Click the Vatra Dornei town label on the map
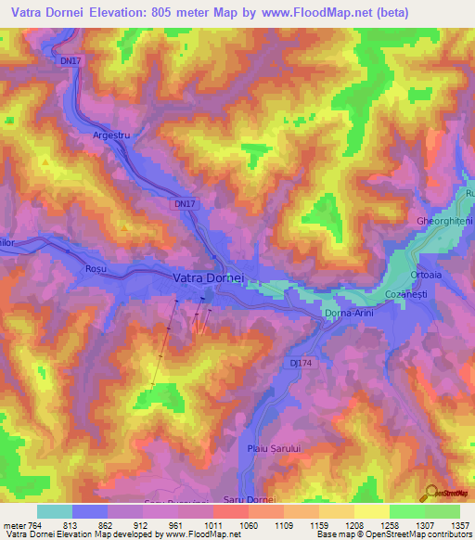pos(208,277)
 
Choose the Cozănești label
pos(405,293)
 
